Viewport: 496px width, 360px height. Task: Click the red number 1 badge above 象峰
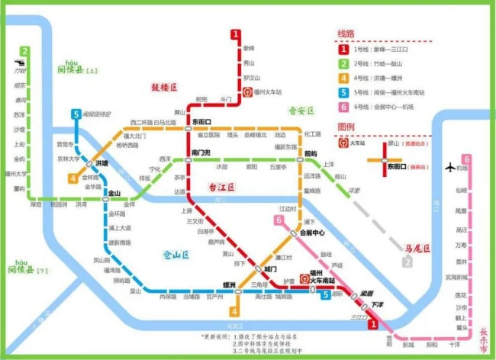[237, 34]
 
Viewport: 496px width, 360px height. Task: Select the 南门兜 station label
[201, 153]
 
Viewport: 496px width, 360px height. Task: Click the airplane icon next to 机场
[449, 167]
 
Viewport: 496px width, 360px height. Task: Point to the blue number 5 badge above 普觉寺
[76, 115]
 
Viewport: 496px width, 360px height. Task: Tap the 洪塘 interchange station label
[101, 163]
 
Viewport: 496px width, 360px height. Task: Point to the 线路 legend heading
[347, 34]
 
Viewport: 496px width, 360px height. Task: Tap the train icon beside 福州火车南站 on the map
[304, 278]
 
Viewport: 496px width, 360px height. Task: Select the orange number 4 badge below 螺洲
[234, 311]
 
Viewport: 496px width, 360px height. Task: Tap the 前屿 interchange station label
[311, 153]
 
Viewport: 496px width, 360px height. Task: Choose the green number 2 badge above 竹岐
[25, 52]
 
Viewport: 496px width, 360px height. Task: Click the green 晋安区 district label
[301, 111]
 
